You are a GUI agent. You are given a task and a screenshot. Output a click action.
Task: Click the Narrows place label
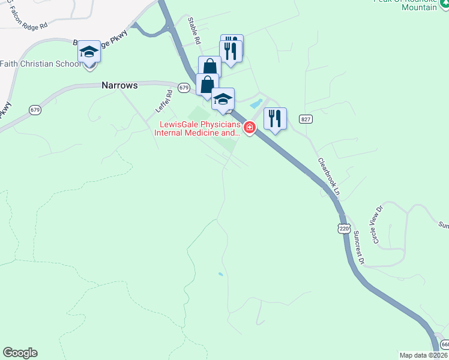(119, 85)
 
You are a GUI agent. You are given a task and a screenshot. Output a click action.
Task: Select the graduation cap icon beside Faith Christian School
(89, 52)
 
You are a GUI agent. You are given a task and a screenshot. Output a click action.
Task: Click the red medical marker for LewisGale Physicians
(250, 127)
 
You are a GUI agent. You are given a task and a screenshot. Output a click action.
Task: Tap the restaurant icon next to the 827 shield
(275, 119)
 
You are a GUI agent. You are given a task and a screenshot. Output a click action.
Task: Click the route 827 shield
(306, 119)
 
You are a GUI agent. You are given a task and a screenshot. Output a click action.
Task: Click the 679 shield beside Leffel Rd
(184, 88)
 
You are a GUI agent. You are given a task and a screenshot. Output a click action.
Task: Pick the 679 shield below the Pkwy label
(35, 110)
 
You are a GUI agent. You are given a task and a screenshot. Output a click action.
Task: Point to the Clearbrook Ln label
(329, 177)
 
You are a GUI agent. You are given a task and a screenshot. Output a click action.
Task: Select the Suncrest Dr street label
(359, 248)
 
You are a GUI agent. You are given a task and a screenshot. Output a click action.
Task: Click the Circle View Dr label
(377, 225)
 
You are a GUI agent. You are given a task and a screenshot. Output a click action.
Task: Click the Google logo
(20, 353)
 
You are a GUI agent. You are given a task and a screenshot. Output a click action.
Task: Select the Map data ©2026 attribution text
(423, 355)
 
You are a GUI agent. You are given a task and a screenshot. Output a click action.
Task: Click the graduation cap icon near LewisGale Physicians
(223, 99)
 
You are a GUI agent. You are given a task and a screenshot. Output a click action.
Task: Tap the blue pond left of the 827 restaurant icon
(256, 104)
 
